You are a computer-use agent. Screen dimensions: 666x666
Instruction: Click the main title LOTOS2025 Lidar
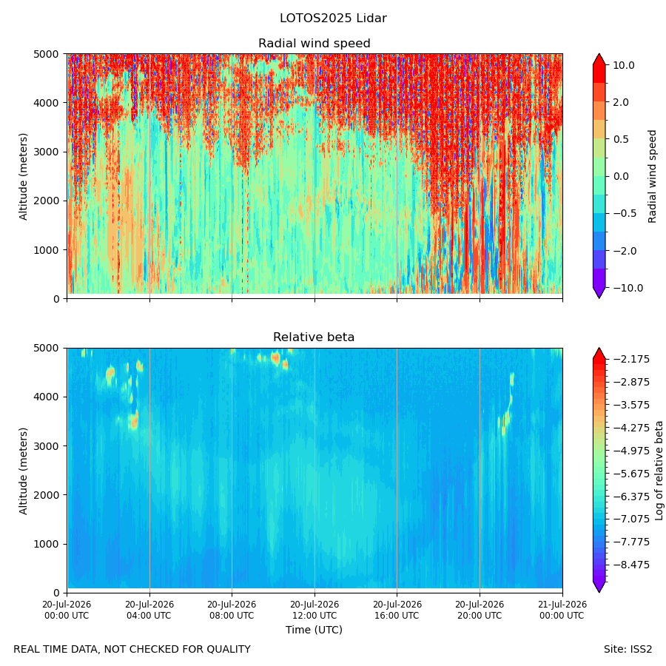(333, 18)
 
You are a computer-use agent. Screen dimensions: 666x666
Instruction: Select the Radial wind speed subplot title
(314, 44)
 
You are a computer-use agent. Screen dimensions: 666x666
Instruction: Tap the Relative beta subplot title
(314, 337)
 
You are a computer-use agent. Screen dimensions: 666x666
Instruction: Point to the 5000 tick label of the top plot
(47, 54)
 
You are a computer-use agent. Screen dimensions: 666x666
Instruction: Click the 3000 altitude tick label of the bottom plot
(47, 446)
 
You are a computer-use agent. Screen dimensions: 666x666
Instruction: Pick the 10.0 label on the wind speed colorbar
(624, 65)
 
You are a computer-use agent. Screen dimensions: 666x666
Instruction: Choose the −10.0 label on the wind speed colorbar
(628, 288)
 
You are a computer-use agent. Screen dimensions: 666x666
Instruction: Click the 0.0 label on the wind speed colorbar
(621, 176)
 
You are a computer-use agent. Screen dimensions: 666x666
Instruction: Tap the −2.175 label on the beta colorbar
(631, 360)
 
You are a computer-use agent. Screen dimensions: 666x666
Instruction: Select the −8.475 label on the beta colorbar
(631, 565)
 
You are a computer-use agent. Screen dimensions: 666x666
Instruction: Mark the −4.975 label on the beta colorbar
(631, 451)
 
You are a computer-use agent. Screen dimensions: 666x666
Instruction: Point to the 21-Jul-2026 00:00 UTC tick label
(563, 610)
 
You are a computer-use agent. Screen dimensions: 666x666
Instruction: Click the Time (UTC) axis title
(314, 630)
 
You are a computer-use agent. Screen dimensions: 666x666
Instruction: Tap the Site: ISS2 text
(628, 650)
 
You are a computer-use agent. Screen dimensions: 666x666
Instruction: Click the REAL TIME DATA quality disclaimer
(132, 650)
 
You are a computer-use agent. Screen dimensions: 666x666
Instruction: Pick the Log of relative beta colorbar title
(659, 471)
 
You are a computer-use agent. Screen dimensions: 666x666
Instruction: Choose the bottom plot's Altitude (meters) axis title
(23, 471)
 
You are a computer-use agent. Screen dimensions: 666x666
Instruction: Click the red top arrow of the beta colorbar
(599, 353)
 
